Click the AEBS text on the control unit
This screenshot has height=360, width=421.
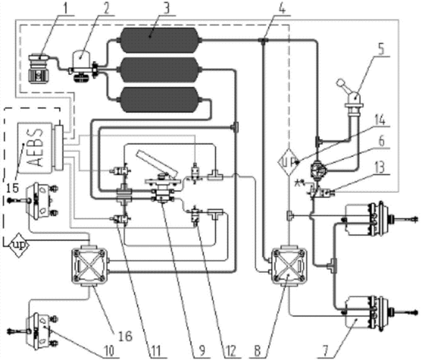click(x=35, y=148)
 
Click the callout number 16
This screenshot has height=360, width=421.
click(x=125, y=336)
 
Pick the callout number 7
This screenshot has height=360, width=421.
click(x=325, y=351)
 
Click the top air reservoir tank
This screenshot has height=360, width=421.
click(x=160, y=40)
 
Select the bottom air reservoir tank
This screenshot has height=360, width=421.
click(x=160, y=99)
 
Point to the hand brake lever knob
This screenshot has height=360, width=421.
click(x=341, y=81)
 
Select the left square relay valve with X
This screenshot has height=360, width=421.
click(x=89, y=266)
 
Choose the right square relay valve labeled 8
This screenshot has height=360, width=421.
click(x=289, y=266)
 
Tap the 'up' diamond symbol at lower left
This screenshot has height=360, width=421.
click(x=19, y=245)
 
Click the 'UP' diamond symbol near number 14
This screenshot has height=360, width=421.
click(x=289, y=162)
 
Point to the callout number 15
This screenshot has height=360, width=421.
click(x=12, y=188)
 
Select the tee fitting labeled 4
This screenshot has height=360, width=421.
click(x=263, y=40)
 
